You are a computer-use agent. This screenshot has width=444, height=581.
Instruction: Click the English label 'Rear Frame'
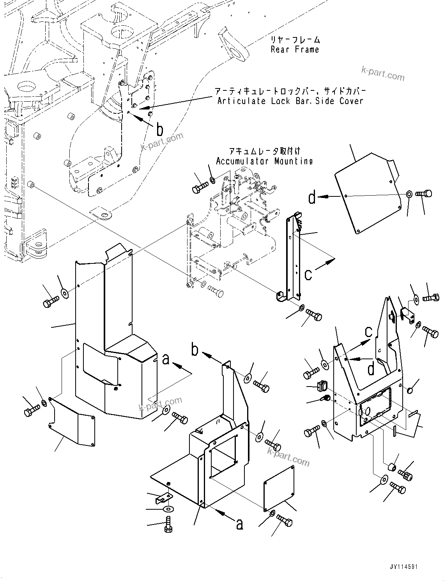point(295,49)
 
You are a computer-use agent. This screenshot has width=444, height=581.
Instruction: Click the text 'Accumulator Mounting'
point(264,161)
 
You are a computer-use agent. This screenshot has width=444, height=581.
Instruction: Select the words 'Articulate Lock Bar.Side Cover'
point(290,101)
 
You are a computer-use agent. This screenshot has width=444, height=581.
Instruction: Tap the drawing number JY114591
point(403,567)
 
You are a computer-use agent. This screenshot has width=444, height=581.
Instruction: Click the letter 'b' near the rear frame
point(159,130)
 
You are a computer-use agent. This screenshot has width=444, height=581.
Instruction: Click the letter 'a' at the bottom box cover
point(239,524)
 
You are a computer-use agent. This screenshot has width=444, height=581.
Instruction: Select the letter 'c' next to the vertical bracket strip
point(308,274)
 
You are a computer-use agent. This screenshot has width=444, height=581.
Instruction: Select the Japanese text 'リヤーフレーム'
point(295,40)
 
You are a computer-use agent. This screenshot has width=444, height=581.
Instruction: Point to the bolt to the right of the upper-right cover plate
point(424,193)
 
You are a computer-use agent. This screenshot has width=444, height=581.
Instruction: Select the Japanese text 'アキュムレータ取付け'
point(264,151)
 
